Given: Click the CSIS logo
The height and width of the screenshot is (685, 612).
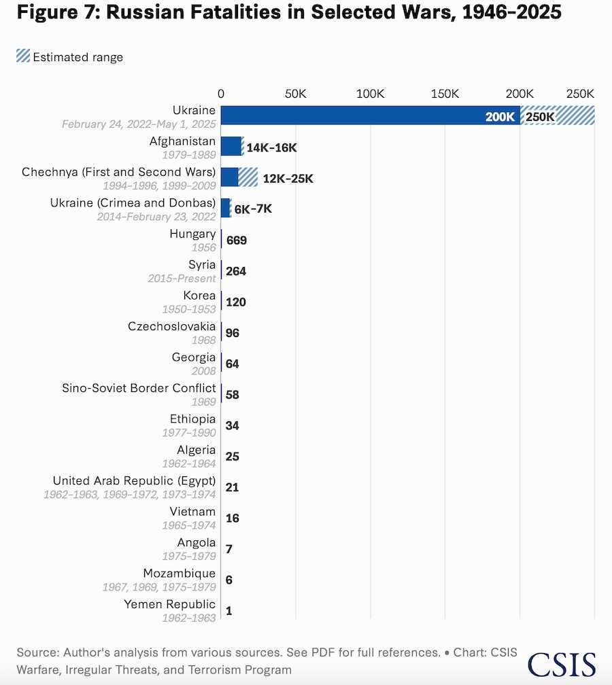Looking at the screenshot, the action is click(x=561, y=665).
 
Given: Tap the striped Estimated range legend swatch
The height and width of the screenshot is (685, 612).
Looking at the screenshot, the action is click(x=23, y=56).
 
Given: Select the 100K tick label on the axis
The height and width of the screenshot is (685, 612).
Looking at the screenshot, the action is click(x=370, y=94).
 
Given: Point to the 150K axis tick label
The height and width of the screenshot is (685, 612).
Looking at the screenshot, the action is click(x=445, y=94).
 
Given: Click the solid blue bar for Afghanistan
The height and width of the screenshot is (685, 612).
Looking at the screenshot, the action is click(x=231, y=146).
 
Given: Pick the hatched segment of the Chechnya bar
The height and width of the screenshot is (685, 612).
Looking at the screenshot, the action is click(x=248, y=177).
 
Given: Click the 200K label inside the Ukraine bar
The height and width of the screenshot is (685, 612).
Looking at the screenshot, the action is click(x=500, y=117).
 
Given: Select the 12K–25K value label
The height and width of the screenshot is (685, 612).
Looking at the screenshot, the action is click(x=288, y=178).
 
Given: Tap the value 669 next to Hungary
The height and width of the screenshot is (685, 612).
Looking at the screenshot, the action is click(x=237, y=241).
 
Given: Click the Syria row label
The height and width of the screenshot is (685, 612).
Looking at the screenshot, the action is click(x=202, y=264).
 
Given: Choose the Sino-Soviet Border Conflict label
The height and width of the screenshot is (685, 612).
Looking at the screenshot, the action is click(x=139, y=388).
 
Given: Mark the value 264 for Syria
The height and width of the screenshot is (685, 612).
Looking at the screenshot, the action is click(x=236, y=271).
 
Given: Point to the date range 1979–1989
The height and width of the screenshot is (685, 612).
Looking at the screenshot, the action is click(x=189, y=155).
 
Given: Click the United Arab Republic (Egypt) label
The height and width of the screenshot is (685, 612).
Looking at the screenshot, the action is click(x=134, y=480).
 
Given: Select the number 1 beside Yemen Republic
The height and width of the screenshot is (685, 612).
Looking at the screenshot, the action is click(x=228, y=611).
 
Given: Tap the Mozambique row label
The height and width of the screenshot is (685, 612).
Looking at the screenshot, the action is click(x=180, y=573).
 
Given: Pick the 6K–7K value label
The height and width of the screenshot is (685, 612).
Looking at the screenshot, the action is click(x=253, y=209).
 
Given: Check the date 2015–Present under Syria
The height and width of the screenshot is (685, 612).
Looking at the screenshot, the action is click(x=182, y=279).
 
